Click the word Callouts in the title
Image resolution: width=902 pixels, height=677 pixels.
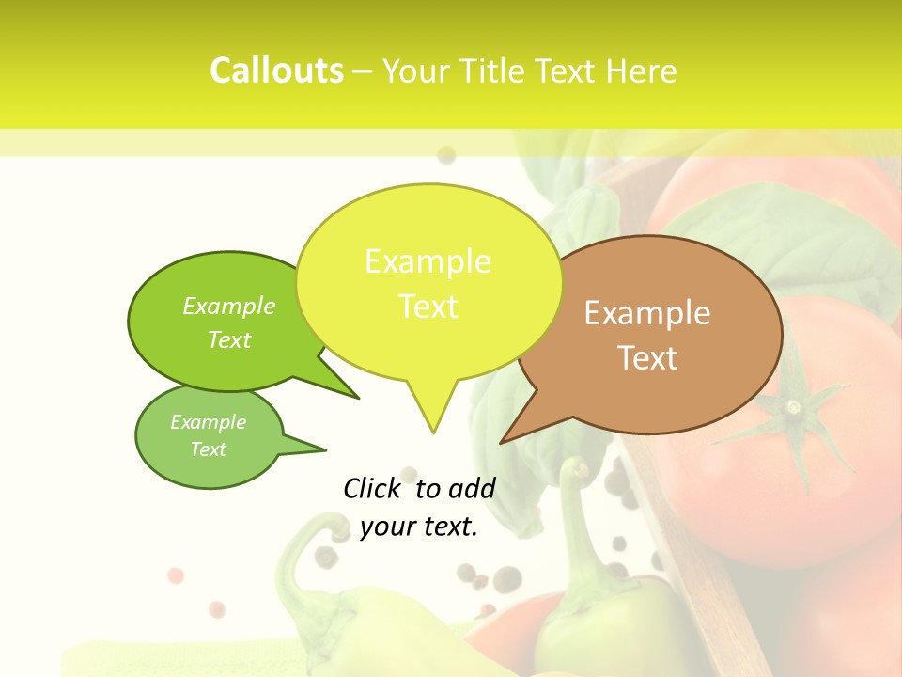pos(276,71)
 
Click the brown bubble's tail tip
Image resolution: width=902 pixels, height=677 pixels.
pos(502,442)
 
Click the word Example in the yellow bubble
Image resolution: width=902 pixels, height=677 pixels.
pos(428,261)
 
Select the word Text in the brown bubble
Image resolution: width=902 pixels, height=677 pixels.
pos(647,358)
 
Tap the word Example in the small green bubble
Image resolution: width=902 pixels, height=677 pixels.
pos(208,422)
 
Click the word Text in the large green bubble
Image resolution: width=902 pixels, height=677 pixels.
pos(229,339)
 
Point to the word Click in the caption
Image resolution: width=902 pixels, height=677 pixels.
pos(373,488)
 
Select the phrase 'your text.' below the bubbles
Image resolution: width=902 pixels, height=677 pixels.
pos(419,527)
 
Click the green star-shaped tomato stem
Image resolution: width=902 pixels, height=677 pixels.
pos(794,409)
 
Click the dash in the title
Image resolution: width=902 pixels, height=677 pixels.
pos(364,71)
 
